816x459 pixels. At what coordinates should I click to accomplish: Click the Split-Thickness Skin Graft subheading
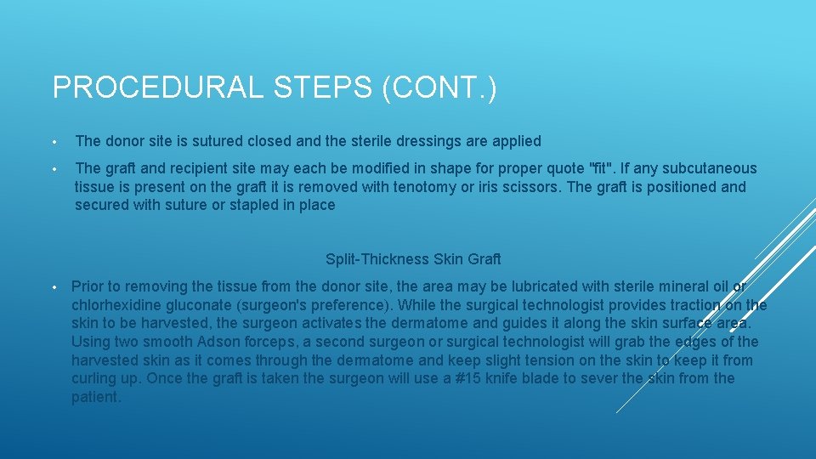point(413,258)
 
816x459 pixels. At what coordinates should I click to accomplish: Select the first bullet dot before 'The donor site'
point(54,142)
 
